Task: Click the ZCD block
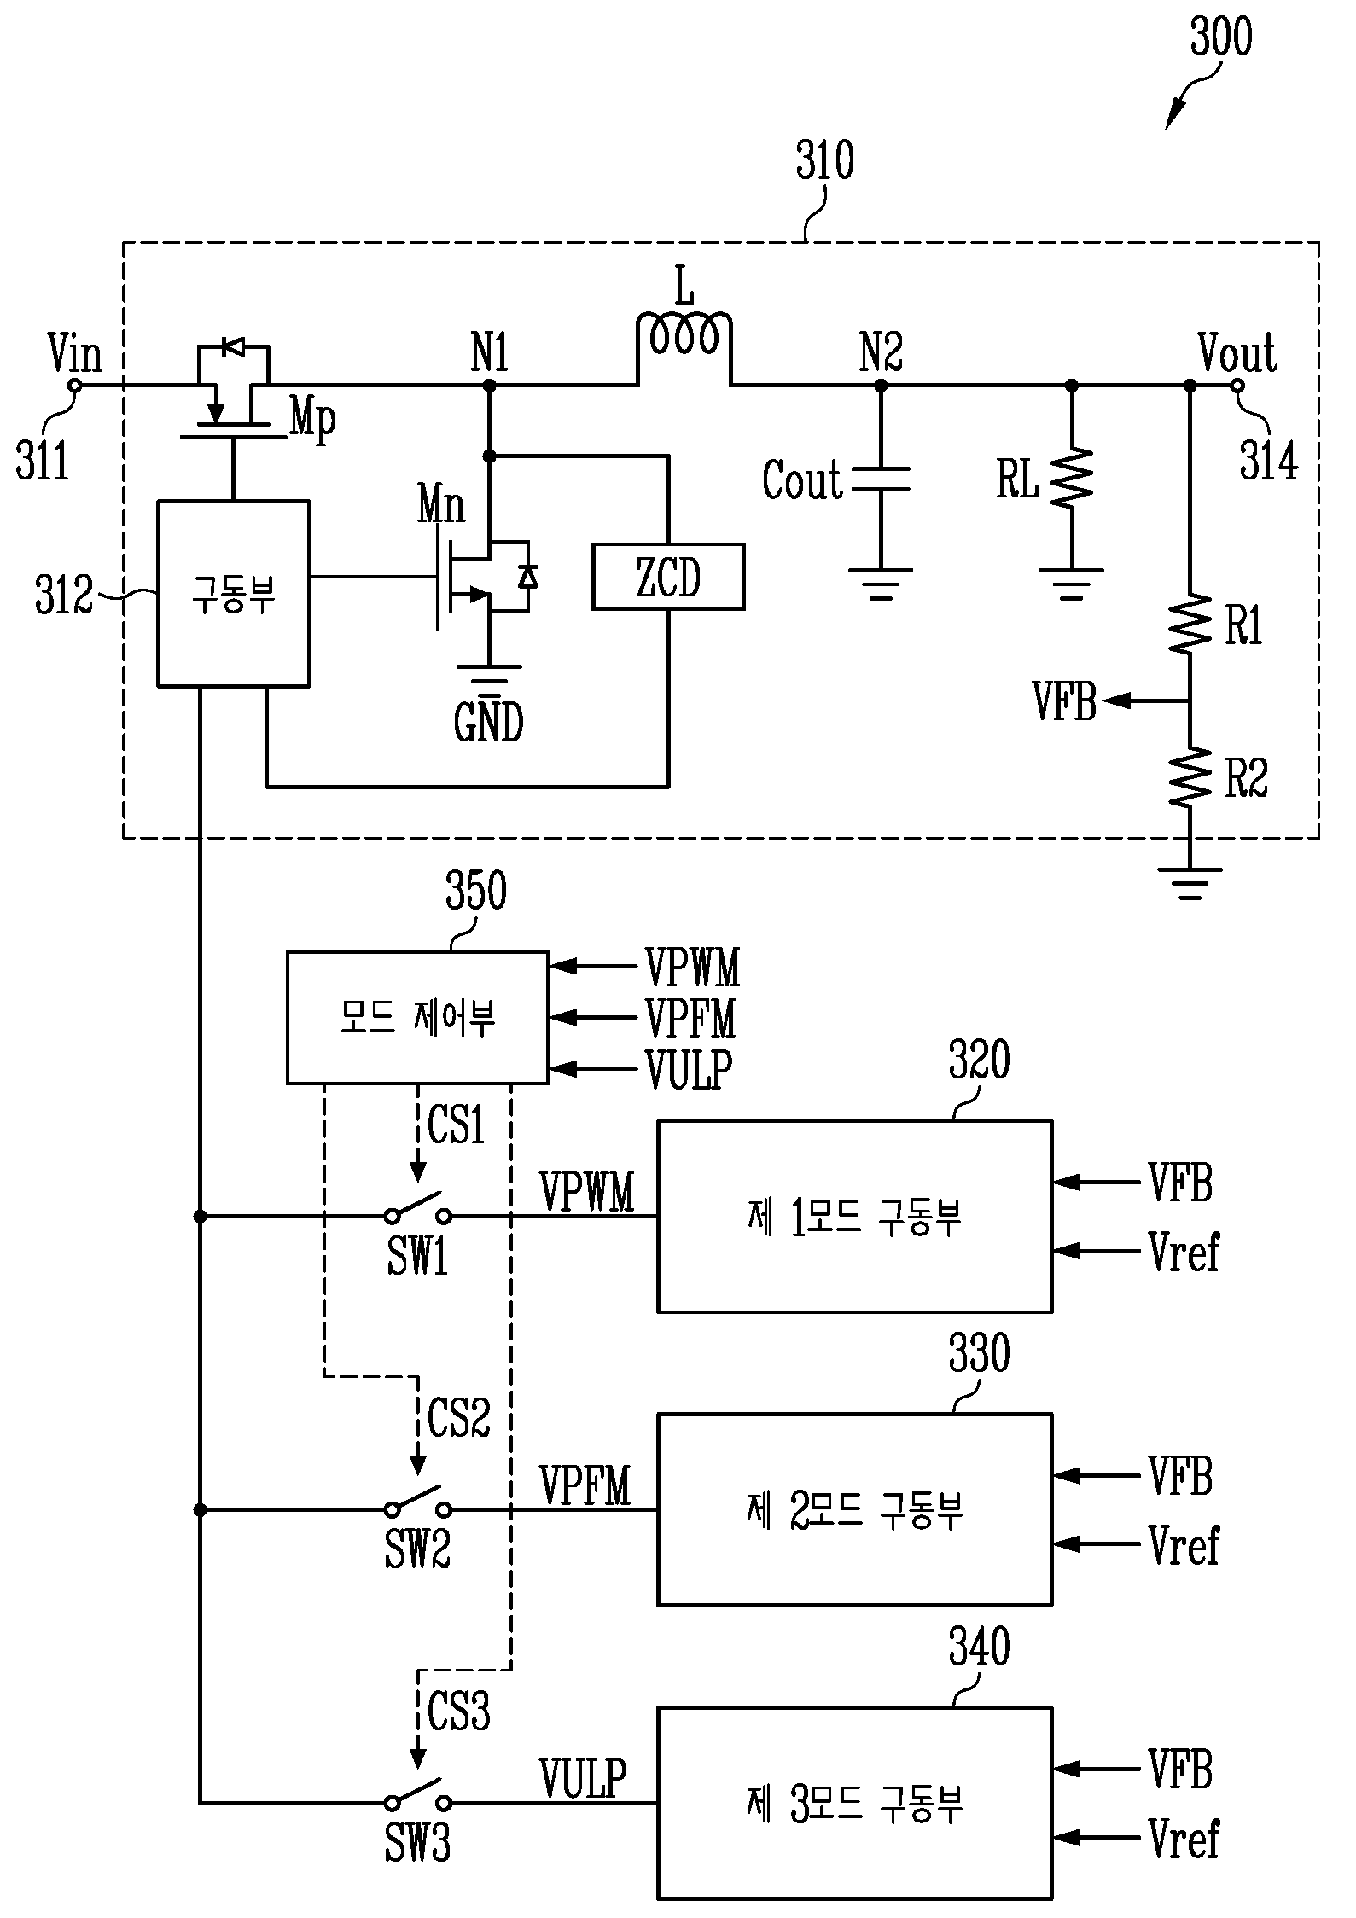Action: coord(668,577)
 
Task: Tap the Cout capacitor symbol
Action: coord(881,479)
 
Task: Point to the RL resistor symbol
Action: coord(1072,478)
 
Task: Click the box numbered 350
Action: coord(417,1017)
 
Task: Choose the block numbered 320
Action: coord(854,1216)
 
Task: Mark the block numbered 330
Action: coord(854,1509)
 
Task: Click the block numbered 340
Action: coord(854,1803)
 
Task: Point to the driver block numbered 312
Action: coord(233,593)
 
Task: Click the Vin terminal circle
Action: coord(74,386)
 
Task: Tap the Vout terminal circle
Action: coord(1237,386)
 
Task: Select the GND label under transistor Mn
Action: coord(488,722)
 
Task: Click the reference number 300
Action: coord(1221,37)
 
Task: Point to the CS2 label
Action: coord(459,1417)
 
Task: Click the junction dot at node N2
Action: coord(881,386)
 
